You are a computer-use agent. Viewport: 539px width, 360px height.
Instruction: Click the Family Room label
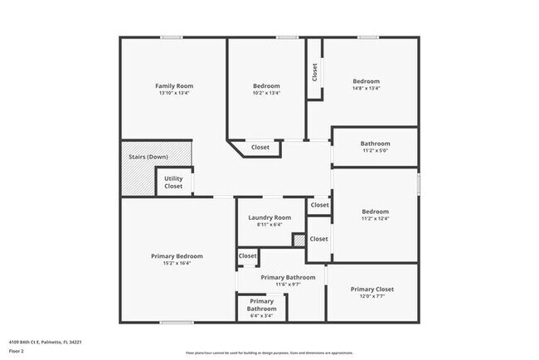click(174, 85)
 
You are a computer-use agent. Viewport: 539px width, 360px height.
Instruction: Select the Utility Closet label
click(173, 182)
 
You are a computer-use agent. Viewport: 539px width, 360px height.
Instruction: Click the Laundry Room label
click(270, 217)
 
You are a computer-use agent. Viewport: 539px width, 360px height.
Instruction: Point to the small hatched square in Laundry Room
click(299, 240)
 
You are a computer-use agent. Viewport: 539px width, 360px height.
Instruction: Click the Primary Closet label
click(371, 289)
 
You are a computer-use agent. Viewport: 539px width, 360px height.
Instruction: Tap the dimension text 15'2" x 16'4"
click(177, 264)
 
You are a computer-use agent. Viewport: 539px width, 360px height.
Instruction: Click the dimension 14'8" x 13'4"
click(366, 88)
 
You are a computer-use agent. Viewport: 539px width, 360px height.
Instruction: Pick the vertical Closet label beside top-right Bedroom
click(314, 72)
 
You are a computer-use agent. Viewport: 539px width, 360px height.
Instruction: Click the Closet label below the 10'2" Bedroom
click(260, 148)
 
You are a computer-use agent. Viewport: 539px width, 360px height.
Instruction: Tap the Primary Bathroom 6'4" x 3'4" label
click(261, 304)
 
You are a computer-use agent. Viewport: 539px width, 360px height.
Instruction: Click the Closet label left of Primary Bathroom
click(247, 256)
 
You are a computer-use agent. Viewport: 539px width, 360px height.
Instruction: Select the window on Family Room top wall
click(172, 36)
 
